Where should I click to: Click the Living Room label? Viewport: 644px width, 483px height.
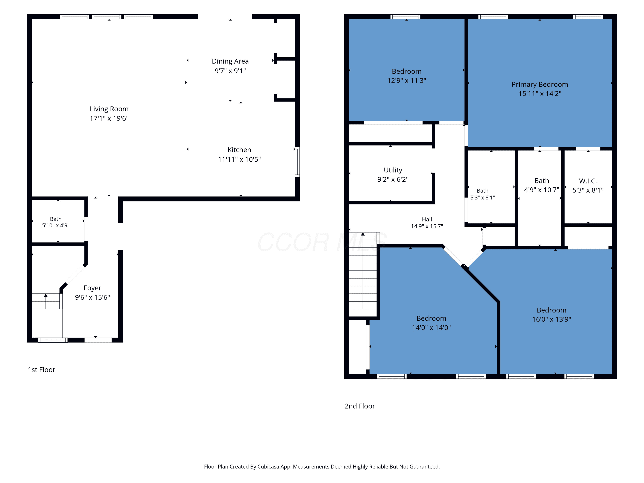point(109,109)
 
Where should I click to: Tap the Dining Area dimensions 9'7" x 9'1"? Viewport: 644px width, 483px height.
point(230,71)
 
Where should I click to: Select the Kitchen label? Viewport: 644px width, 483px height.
point(239,150)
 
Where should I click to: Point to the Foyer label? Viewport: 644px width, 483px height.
point(93,288)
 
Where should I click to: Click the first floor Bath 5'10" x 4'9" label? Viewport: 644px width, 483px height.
point(56,222)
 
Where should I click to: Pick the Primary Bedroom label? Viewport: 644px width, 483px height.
point(540,84)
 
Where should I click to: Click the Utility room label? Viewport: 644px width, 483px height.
point(393,170)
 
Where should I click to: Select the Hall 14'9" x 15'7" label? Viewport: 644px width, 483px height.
point(427,223)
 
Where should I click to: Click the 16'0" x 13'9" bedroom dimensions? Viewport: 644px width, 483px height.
point(551,319)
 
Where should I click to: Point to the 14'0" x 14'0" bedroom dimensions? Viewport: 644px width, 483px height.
point(431,328)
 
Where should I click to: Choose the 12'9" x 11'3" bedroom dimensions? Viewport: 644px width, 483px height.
point(406,81)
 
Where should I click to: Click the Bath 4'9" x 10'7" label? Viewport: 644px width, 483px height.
point(542,185)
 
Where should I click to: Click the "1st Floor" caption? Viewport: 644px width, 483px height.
point(41,370)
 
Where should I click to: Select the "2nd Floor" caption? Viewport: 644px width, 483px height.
point(360,406)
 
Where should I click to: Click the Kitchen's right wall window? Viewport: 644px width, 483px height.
point(297,162)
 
